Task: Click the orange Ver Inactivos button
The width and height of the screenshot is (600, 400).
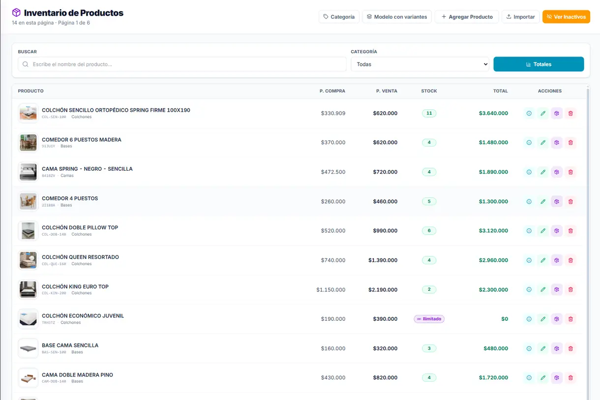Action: (x=566, y=17)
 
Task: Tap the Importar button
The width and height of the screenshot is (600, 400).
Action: (x=520, y=17)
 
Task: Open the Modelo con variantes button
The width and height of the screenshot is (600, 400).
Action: (x=397, y=17)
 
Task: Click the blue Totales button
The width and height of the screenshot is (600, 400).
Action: (x=539, y=64)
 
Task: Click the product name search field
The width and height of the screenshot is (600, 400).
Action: (x=182, y=64)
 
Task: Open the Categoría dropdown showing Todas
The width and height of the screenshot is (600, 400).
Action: (x=420, y=64)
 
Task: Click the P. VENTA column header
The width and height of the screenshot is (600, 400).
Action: (x=387, y=91)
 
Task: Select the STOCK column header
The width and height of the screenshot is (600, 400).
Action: (x=429, y=91)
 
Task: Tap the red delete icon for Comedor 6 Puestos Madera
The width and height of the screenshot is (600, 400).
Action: (x=570, y=143)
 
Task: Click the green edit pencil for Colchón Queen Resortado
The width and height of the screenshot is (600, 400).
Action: (x=542, y=260)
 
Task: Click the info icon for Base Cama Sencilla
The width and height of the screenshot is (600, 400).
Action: (x=529, y=348)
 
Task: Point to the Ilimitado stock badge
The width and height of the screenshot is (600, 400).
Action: (x=429, y=319)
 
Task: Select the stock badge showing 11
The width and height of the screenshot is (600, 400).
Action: (x=429, y=113)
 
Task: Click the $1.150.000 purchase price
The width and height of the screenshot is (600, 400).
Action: (x=330, y=290)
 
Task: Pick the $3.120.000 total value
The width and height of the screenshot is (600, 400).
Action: (x=493, y=231)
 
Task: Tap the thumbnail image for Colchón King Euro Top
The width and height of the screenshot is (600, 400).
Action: (x=28, y=289)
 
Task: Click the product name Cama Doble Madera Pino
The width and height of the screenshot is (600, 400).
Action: (x=77, y=375)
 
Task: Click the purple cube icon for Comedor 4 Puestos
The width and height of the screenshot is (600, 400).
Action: (x=557, y=201)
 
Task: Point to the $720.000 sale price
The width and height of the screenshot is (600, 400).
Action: (x=385, y=172)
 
